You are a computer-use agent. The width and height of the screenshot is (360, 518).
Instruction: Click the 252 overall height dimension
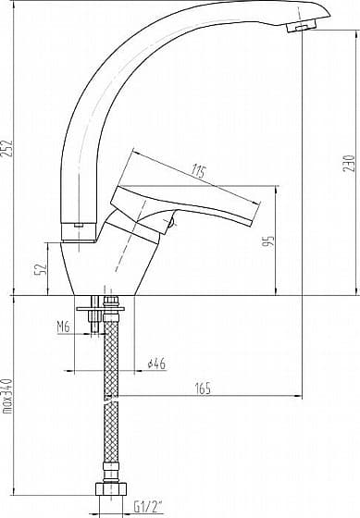point(7,149)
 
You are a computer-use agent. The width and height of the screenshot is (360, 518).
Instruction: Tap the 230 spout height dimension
point(349,163)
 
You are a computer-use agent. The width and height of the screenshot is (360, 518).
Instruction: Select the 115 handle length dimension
point(199,172)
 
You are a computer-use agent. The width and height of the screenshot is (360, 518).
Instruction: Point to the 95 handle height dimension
point(269,241)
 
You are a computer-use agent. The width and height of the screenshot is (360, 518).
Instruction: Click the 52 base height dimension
point(41,269)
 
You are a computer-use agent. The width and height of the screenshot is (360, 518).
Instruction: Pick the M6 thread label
point(63,327)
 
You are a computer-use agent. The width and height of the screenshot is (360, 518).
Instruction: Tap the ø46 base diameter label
point(156,364)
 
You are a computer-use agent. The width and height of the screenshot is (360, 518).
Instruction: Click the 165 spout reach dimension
point(203,388)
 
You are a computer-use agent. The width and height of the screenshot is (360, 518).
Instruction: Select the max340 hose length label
point(7,396)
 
